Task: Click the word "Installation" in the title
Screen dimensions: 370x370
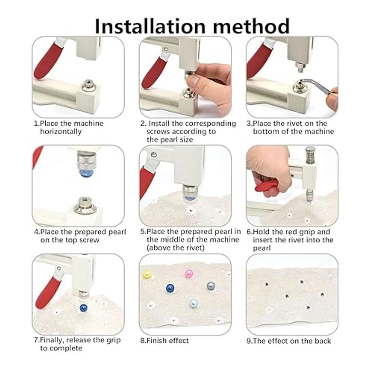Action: tap(150, 26)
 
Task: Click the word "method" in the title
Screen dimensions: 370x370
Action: tap(251, 26)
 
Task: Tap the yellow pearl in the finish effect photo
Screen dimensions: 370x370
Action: tap(147, 275)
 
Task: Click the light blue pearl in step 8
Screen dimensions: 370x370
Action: tap(193, 303)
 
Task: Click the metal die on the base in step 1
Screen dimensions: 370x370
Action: tap(88, 85)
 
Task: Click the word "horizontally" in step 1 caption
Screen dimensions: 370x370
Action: tap(61, 132)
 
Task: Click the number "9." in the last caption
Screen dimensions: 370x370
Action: tap(249, 341)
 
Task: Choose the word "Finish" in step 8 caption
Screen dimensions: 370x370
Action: tap(156, 340)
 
